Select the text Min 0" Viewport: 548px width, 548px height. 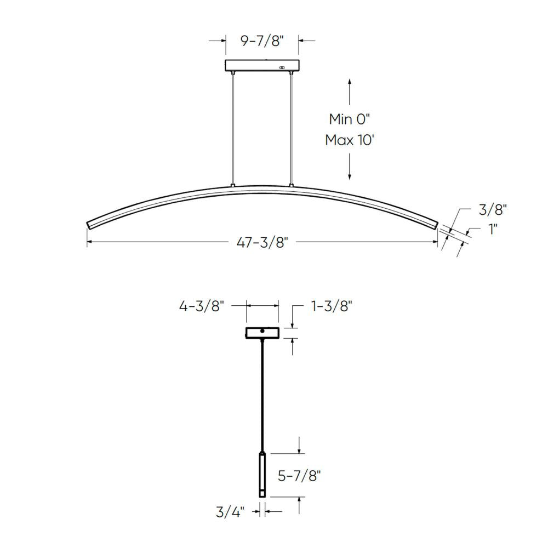coord(350,119)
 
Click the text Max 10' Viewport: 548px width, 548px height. coord(350,140)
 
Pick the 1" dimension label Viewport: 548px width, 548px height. coord(493,229)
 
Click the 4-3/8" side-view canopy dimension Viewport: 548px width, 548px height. coord(202,306)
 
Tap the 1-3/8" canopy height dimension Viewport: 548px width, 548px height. coord(331,306)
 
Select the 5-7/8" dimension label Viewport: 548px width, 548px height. coord(299,475)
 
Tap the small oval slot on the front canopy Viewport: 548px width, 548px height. coord(282,67)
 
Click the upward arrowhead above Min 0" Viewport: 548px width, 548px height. coord(350,82)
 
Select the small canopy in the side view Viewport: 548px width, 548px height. coord(263,333)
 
